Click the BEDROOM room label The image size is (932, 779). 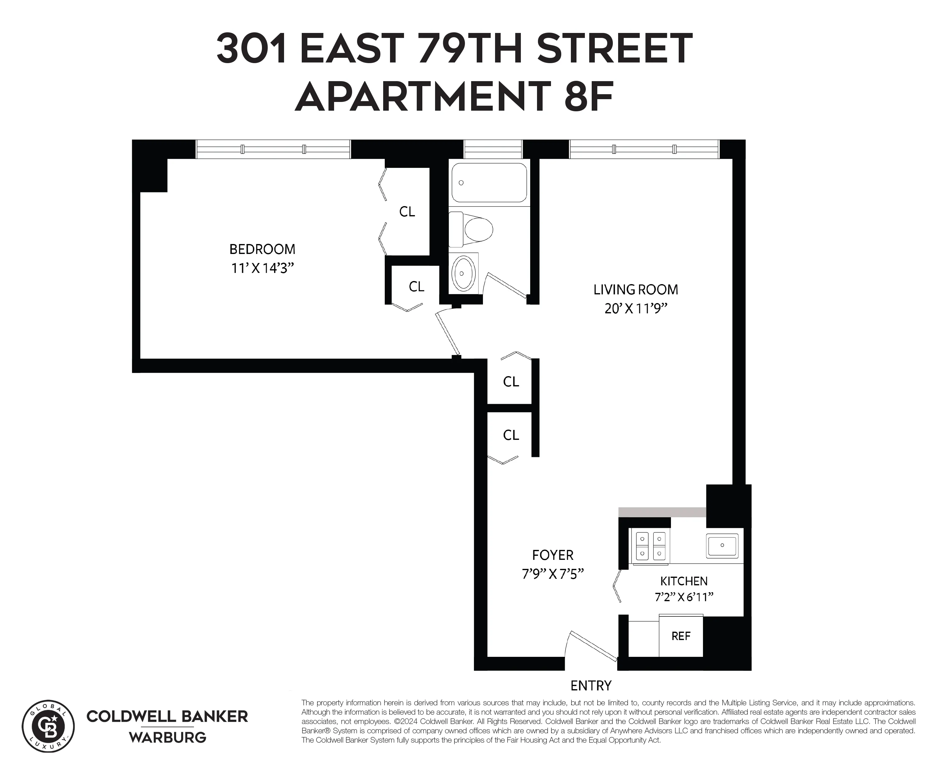tap(262, 249)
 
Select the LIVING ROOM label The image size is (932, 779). tap(636, 289)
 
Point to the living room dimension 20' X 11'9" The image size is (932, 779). tap(636, 308)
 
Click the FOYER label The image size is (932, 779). tap(553, 555)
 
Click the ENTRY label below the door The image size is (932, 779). tap(591, 686)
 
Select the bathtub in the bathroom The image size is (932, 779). tap(489, 182)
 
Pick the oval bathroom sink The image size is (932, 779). tap(463, 273)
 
